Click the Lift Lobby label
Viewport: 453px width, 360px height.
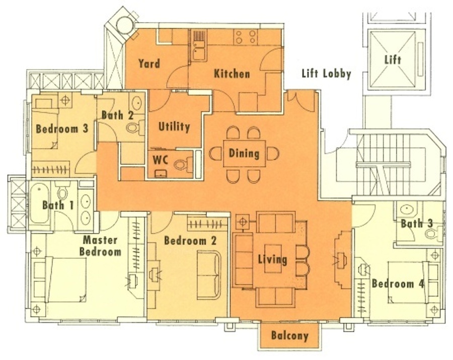(327, 74)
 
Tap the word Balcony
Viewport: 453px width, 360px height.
(290, 336)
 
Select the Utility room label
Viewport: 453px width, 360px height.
(174, 127)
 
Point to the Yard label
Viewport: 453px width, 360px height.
(149, 63)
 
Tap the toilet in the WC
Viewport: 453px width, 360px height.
(183, 165)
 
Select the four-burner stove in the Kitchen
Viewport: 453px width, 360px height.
(246, 37)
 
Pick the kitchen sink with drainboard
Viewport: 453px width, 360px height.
(199, 46)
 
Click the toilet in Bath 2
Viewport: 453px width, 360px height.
(135, 127)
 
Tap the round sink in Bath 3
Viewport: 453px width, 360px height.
(407, 208)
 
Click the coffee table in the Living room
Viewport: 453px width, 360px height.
(273, 259)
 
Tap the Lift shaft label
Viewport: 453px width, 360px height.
(393, 60)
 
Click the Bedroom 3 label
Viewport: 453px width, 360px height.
(62, 129)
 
